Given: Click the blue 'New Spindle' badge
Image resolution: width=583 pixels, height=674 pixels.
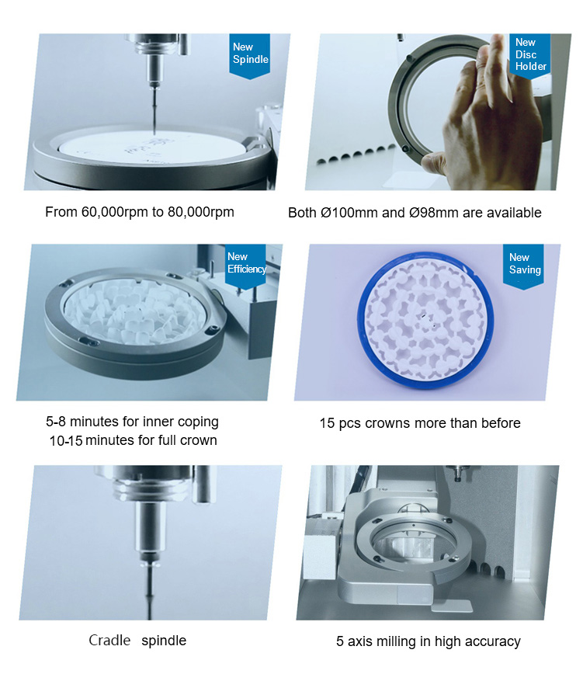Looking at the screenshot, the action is point(250,56).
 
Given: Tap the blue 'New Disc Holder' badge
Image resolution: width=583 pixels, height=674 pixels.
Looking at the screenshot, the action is point(529,56).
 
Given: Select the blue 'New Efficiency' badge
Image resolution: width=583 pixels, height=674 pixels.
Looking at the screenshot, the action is point(245,266).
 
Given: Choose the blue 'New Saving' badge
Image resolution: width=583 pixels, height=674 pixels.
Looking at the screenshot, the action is point(523,266).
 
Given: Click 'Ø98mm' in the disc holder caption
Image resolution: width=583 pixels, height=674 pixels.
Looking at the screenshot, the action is point(433,213).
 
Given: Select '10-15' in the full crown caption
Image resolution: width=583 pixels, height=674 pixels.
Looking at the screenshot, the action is point(66,441).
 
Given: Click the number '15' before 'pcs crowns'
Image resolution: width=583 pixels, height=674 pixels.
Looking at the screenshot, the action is point(327,423).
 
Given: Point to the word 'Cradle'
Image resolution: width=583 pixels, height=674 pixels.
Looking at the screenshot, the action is point(109,641).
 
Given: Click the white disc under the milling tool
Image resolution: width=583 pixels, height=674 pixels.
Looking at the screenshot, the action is point(151,146).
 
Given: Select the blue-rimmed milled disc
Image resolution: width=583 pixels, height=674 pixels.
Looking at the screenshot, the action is point(425,320).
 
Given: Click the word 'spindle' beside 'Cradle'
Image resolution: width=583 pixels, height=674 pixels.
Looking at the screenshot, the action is point(164,641).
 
